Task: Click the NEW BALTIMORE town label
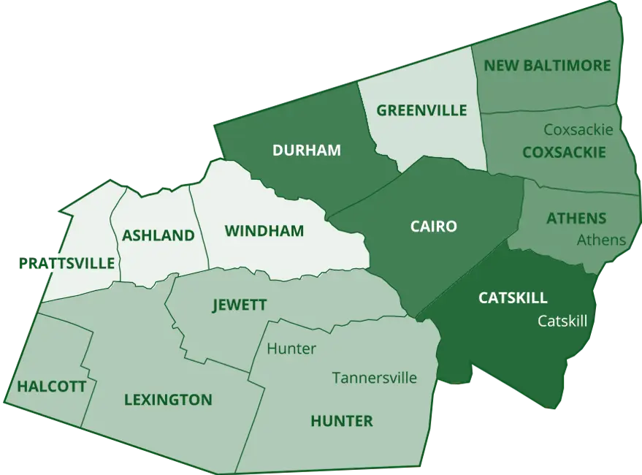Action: (547, 66)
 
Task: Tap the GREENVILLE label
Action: (421, 110)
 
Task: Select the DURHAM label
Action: (306, 151)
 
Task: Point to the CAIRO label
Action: (433, 227)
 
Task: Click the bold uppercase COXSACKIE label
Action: (564, 152)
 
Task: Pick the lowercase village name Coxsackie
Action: (578, 129)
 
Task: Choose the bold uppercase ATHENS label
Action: (576, 218)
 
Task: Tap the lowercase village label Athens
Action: (601, 240)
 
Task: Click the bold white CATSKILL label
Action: (512, 298)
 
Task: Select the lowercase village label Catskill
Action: (562, 320)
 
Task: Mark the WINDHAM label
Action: (264, 232)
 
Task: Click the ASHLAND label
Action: (158, 235)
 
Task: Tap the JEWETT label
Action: (239, 305)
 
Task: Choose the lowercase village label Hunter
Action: (291, 349)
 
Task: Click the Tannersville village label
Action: (374, 378)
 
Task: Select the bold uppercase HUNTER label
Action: (341, 421)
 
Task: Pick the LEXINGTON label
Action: (168, 400)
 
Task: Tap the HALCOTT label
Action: (51, 386)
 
